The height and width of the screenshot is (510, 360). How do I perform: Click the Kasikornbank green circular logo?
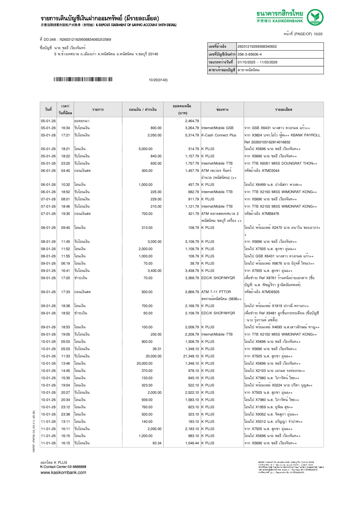tap(315, 17)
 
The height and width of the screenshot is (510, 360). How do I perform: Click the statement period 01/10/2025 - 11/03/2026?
tap(257, 62)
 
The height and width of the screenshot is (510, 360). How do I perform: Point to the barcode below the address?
tap(83, 79)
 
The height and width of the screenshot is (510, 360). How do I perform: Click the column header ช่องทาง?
tap(222, 110)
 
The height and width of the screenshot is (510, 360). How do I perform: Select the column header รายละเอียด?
tap(283, 110)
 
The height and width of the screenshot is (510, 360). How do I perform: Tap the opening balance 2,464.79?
tap(192, 121)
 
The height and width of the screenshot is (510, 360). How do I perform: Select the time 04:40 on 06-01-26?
tap(65, 171)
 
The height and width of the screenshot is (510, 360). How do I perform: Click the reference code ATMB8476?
tap(270, 214)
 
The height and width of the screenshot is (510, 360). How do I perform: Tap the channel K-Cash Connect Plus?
tap(219, 135)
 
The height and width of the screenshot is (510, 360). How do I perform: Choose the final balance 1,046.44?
tap(192, 443)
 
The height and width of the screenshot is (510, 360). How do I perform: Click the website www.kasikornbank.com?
tap(63, 472)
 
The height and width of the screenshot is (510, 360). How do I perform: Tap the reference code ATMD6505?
tap(271, 292)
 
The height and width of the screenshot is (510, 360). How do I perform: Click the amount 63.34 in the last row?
tap(157, 443)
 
